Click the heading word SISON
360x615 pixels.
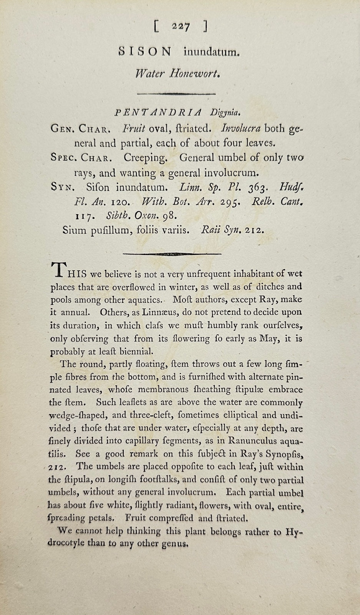pyautogui.click(x=144, y=52)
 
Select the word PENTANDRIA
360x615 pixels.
pyautogui.click(x=158, y=112)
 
